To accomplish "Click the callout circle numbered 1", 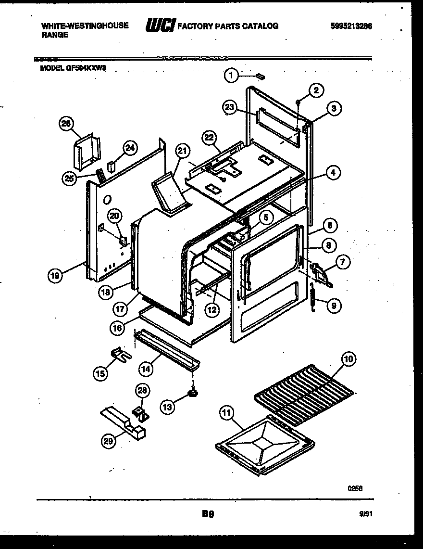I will point(231,75).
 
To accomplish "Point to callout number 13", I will point(167,407).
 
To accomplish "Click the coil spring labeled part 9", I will point(312,300).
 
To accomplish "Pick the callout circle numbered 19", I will point(56,276).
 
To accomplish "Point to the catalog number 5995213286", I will point(351,26).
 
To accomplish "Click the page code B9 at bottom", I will point(208,514).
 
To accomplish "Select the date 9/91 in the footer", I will point(365,514).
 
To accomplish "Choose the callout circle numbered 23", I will point(230,107).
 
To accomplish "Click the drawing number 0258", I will point(355,488).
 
